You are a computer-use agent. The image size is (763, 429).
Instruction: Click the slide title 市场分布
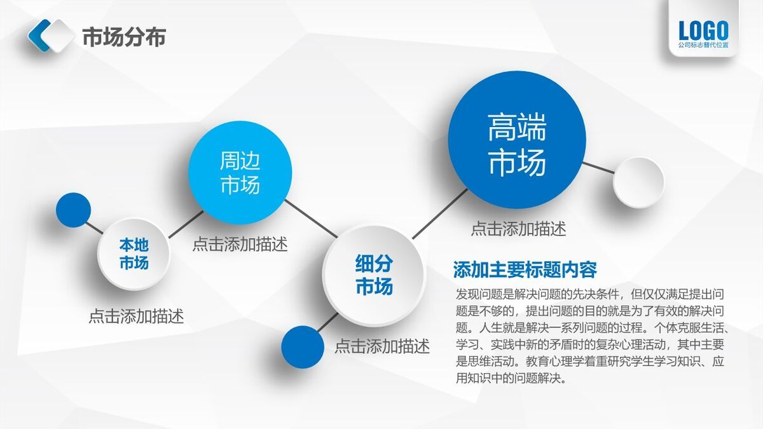(x=124, y=37)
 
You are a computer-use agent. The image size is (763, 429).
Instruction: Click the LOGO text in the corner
(x=703, y=30)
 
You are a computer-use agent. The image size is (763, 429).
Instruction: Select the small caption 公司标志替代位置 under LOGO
(x=703, y=46)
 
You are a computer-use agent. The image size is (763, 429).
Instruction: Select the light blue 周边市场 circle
(x=240, y=172)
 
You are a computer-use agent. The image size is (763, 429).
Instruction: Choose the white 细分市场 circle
(x=373, y=275)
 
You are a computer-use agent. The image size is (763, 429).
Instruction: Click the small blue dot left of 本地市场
(x=73, y=210)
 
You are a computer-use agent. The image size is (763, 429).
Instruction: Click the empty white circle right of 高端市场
(x=638, y=182)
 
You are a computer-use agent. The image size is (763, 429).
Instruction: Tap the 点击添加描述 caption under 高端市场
(x=518, y=229)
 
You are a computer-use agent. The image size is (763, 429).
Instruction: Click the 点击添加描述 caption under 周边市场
(x=240, y=244)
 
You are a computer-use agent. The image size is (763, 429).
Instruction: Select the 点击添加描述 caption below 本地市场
(x=135, y=316)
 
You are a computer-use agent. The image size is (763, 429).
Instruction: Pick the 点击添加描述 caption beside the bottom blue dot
(x=382, y=346)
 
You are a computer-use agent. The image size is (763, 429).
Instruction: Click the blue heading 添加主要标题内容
(x=525, y=269)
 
